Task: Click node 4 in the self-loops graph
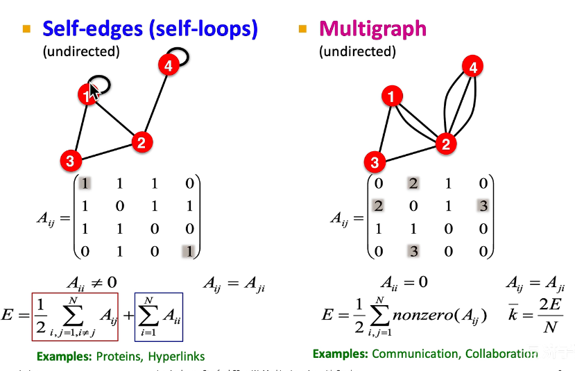click(x=167, y=66)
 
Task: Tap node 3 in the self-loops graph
click(x=69, y=162)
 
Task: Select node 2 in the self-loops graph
click(x=141, y=144)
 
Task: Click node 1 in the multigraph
click(x=393, y=96)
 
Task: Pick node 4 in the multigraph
click(x=473, y=67)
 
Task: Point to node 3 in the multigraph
click(x=375, y=163)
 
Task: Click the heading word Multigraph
click(x=372, y=28)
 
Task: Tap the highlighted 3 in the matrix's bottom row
click(x=414, y=251)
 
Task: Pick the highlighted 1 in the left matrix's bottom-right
click(x=187, y=251)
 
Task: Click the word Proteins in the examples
click(x=116, y=356)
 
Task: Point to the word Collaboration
click(x=501, y=354)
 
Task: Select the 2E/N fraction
click(x=549, y=316)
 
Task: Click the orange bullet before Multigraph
click(x=302, y=29)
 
